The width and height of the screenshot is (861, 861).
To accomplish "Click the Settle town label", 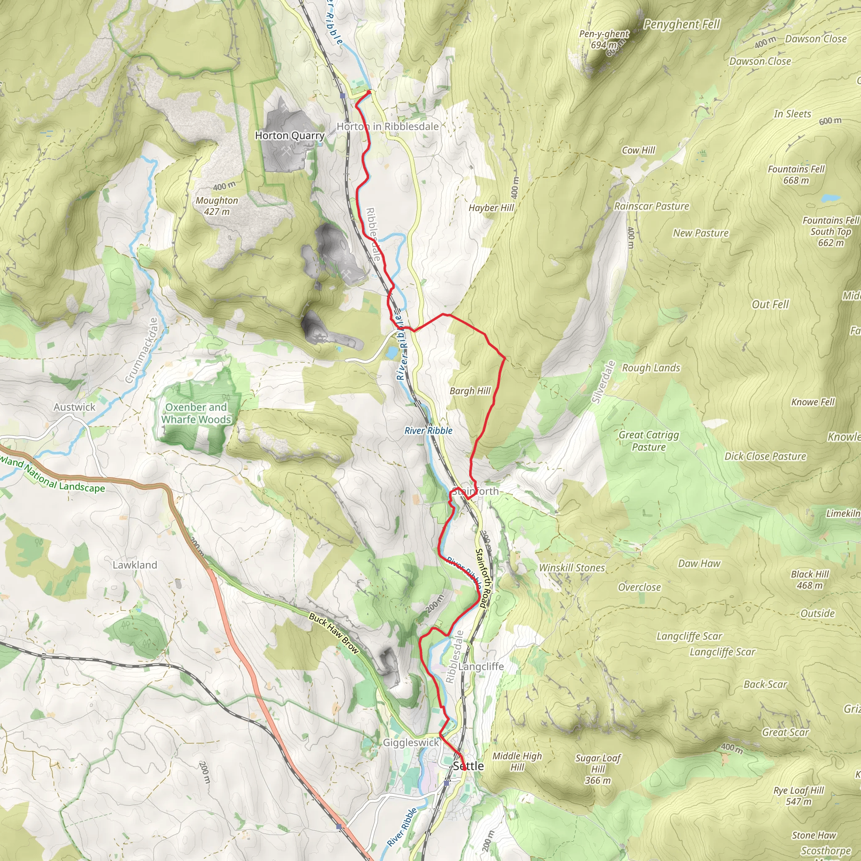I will pyautogui.click(x=468, y=766).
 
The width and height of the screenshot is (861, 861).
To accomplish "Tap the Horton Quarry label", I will pyautogui.click(x=290, y=135).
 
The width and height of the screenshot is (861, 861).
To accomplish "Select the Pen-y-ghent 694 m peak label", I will pyautogui.click(x=604, y=39).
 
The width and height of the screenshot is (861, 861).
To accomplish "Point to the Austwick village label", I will pyautogui.click(x=74, y=407).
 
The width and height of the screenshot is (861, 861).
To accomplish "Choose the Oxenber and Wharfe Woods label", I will pyautogui.click(x=196, y=413).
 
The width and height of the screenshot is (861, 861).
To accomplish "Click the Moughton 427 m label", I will pyautogui.click(x=217, y=206).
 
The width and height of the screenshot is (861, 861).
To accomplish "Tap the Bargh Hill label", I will pyautogui.click(x=470, y=391).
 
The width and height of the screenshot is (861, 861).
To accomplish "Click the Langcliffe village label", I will pyautogui.click(x=481, y=667).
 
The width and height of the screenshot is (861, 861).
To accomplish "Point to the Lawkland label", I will pyautogui.click(x=135, y=565).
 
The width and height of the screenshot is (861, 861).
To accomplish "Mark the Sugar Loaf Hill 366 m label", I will pyautogui.click(x=598, y=769).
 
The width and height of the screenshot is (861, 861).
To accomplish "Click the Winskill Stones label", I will pyautogui.click(x=572, y=568).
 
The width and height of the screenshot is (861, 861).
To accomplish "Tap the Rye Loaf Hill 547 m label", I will pyautogui.click(x=799, y=796).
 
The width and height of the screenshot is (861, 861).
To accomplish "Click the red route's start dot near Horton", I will pyautogui.click(x=369, y=92).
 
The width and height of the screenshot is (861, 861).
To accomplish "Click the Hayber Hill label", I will pyautogui.click(x=491, y=208).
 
